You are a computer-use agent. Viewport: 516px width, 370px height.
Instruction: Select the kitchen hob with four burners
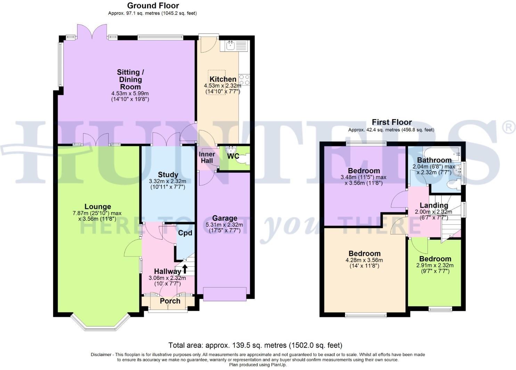(244, 80)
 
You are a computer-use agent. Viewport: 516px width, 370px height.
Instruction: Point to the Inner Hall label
(207, 158)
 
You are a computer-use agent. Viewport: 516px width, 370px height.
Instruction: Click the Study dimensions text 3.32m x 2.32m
(167, 181)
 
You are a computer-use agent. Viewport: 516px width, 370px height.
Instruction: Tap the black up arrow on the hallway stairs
(185, 268)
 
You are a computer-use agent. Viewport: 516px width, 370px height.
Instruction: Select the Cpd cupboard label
(185, 233)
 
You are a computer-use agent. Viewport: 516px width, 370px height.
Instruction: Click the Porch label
(170, 301)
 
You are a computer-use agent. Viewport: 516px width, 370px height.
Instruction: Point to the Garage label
(224, 218)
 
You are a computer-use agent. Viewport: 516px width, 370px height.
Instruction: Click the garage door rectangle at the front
(225, 294)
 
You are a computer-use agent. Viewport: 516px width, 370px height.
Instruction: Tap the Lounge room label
(98, 207)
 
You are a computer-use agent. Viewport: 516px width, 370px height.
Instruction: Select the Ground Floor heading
(153, 6)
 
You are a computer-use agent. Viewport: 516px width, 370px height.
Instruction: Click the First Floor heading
(392, 122)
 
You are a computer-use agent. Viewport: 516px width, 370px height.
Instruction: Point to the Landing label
(434, 205)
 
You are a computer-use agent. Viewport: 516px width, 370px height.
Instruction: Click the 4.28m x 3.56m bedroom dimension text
(365, 260)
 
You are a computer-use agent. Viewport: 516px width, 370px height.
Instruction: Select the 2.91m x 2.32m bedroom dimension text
(435, 265)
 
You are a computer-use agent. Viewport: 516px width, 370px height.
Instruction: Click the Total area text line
(255, 345)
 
